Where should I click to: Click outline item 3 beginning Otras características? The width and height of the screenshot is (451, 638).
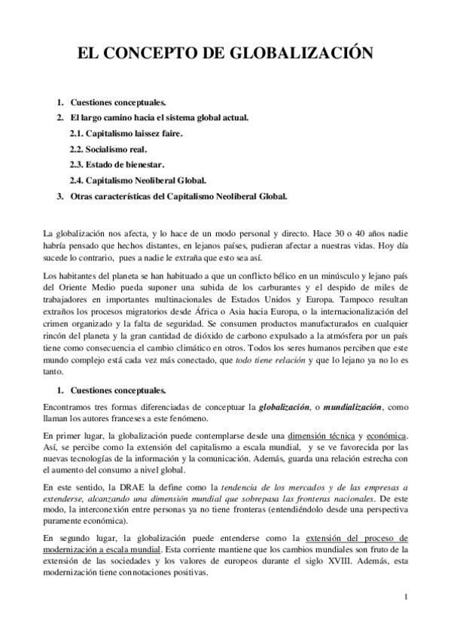tap(178, 196)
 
